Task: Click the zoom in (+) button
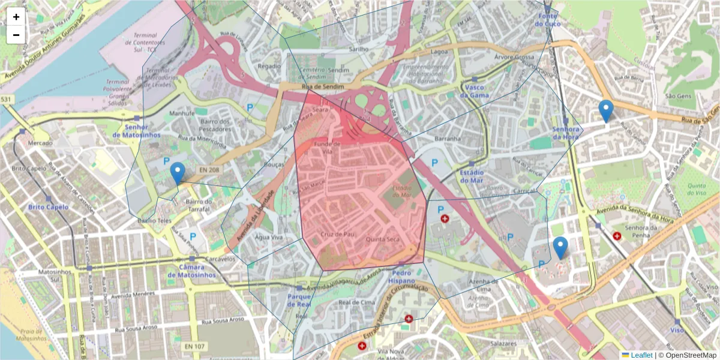point(16,17)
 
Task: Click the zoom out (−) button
point(16,35)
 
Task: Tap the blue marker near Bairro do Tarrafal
point(177,173)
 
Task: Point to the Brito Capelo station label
point(48,207)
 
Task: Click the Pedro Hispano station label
point(401,277)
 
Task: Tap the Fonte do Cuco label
point(547,19)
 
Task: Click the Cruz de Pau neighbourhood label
point(335,234)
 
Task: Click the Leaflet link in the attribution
point(641,355)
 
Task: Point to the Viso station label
point(677,330)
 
